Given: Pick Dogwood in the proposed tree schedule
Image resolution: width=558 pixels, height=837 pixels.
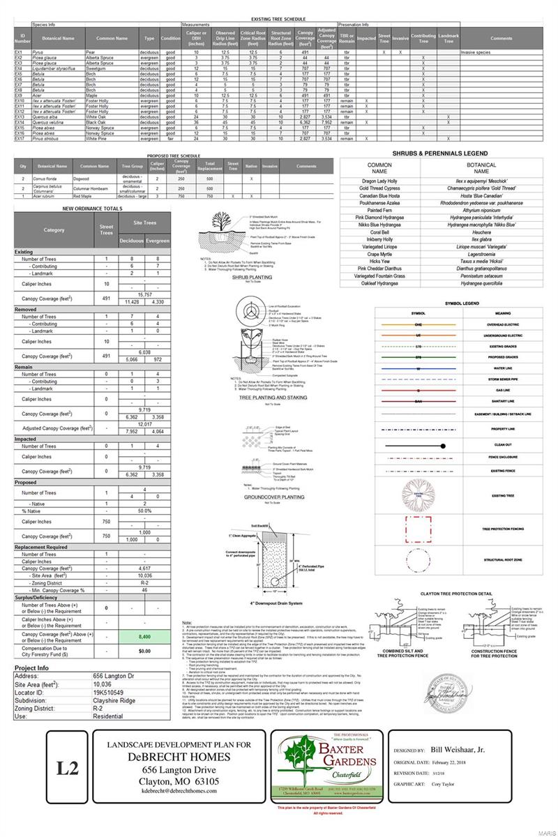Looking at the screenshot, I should [x=90, y=179].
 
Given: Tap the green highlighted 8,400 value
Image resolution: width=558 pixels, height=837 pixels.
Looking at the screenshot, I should [x=145, y=637].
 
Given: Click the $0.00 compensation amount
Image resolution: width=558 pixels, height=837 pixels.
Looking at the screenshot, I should [x=145, y=651].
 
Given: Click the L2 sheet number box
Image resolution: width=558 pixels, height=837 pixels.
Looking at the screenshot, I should [x=68, y=769].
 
